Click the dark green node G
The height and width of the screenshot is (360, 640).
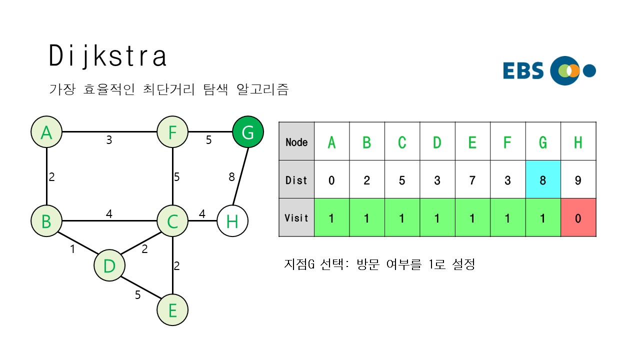[x=247, y=132]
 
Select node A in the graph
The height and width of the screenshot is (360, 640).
[x=46, y=132]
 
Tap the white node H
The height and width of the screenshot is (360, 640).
[x=232, y=220]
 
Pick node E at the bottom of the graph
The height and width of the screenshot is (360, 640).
[x=172, y=310]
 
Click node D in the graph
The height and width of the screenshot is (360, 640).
[x=109, y=266]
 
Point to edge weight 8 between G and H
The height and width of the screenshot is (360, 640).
[x=231, y=176]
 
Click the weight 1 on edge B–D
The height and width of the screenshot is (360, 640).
[x=72, y=248]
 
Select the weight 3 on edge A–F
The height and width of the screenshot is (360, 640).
[x=109, y=140]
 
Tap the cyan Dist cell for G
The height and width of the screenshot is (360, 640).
[x=543, y=179]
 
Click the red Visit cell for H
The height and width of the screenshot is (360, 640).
[x=578, y=217]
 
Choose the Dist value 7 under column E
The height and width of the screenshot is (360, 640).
[x=472, y=179]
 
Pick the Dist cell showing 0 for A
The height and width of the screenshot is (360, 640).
[x=331, y=179]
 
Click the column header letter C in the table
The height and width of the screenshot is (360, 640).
[x=402, y=142]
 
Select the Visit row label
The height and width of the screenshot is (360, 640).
[x=296, y=217]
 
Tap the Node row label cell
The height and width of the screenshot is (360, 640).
[x=296, y=142]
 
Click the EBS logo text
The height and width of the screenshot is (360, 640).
[x=523, y=70]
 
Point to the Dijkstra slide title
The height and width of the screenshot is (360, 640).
[x=107, y=56]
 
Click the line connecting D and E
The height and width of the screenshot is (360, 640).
[x=141, y=288]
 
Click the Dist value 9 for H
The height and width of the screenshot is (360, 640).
[x=578, y=179]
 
